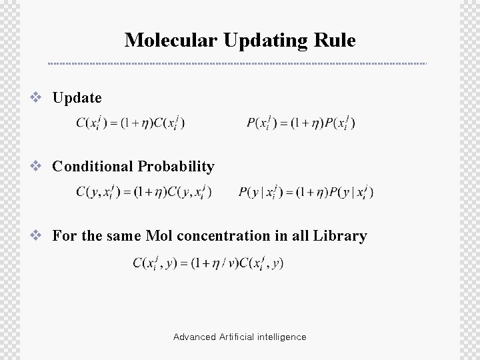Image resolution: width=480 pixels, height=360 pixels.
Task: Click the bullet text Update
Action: tap(77, 98)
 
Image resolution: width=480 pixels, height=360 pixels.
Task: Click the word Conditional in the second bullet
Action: tap(92, 166)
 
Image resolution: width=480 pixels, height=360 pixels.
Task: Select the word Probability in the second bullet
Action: tap(176, 166)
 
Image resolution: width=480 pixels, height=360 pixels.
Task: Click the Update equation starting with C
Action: tap(131, 123)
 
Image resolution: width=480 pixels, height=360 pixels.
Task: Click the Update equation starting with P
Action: tap(301, 123)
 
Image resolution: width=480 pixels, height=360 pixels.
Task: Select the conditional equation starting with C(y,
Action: tap(143, 193)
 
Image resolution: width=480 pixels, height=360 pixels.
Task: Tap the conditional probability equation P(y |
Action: tap(306, 193)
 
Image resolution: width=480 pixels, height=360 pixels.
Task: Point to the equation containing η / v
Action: tap(208, 263)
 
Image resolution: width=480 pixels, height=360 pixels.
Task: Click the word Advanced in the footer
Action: tap(194, 337)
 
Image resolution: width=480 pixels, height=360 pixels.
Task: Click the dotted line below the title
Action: tap(237, 64)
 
